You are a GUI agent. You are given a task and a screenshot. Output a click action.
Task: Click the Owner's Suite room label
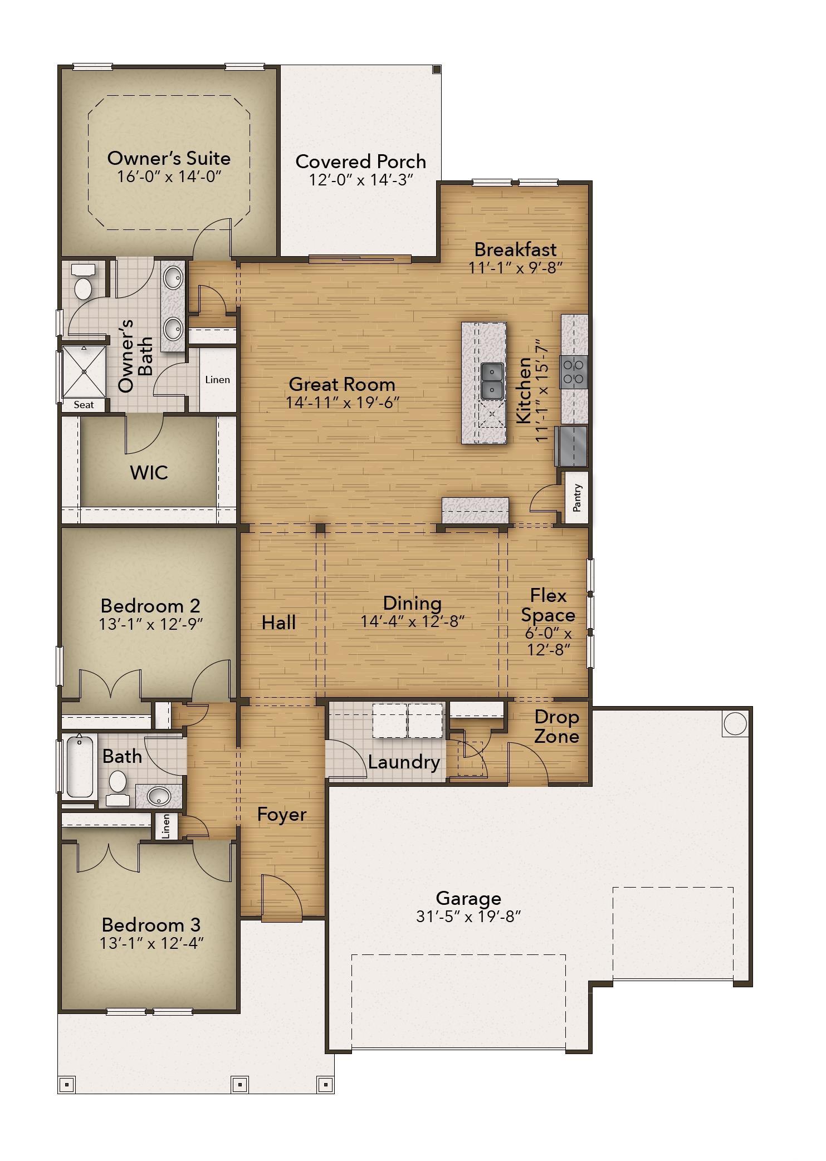(169, 158)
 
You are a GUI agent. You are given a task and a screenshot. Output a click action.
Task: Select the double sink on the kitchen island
(492, 381)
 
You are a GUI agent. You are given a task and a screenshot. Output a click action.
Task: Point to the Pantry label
(577, 497)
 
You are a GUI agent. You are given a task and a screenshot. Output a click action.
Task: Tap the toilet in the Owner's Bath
(84, 282)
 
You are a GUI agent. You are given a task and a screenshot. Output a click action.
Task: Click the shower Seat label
(84, 405)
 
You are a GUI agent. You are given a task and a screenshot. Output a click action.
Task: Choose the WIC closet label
(149, 472)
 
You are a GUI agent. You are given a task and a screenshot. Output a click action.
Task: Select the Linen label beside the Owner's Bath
(217, 380)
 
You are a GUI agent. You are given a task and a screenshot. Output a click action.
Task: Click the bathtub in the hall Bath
(80, 766)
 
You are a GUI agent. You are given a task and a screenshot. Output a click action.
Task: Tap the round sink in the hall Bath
(159, 796)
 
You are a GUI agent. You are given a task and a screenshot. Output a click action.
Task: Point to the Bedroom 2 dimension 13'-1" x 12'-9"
(150, 624)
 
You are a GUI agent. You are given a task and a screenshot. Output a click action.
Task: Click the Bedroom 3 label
(151, 925)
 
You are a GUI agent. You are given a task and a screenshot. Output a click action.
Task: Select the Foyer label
(282, 815)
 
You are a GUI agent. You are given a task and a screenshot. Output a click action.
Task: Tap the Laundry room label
(404, 762)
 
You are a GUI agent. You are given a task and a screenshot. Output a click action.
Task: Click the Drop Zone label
(556, 727)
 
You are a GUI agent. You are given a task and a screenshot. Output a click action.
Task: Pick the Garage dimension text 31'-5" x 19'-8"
(468, 916)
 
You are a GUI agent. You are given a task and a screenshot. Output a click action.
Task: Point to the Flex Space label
(548, 605)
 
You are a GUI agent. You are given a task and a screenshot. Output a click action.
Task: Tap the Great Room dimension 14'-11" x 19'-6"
(343, 402)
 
